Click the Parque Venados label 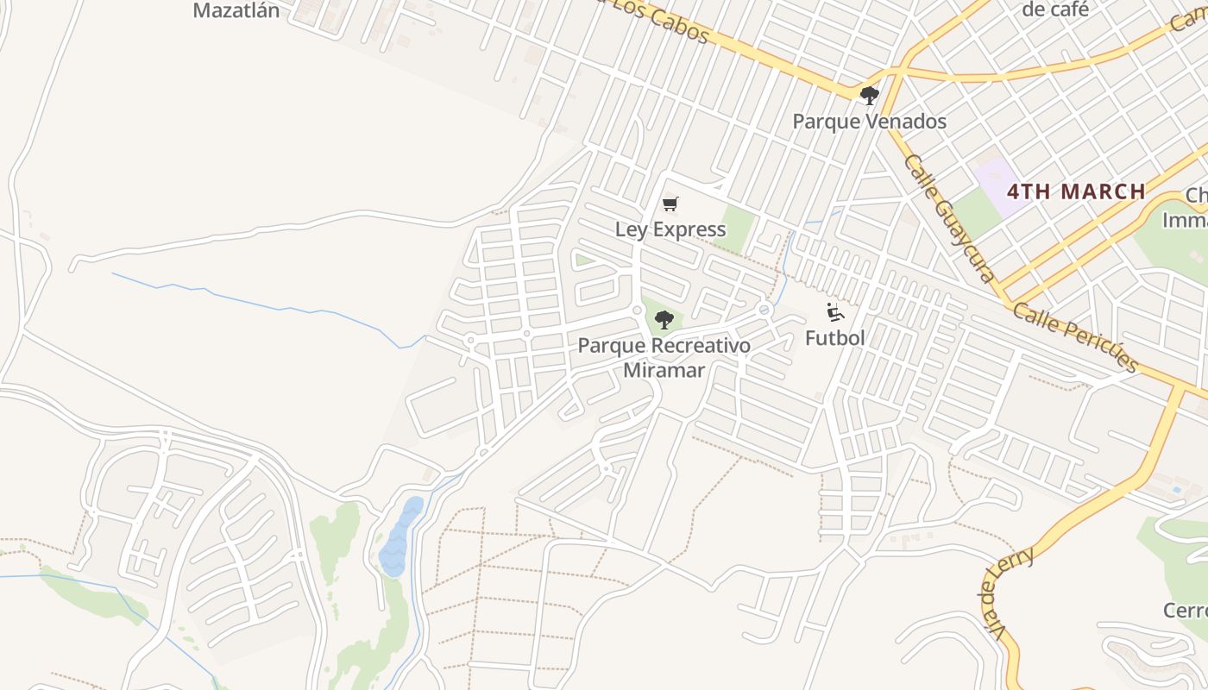[870, 122]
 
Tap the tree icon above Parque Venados [870, 95]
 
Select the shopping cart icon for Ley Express [670, 204]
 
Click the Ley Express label [670, 229]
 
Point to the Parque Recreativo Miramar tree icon [664, 320]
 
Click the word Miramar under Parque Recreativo [664, 370]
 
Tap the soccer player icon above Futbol [834, 312]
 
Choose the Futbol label [834, 338]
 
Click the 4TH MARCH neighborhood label [1076, 191]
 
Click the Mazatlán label [236, 11]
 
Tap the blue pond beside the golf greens [400, 536]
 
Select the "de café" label [1054, 9]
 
